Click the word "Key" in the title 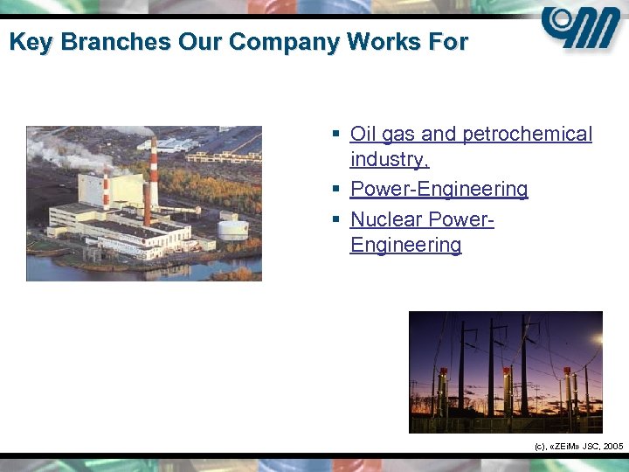(x=29, y=42)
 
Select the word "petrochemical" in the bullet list (x=527, y=134)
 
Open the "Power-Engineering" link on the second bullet (x=439, y=189)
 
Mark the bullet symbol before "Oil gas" (x=335, y=135)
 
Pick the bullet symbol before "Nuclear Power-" (x=335, y=219)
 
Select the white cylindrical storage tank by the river (x=232, y=230)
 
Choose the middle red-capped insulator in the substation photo (x=507, y=385)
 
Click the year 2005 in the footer (x=612, y=446)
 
